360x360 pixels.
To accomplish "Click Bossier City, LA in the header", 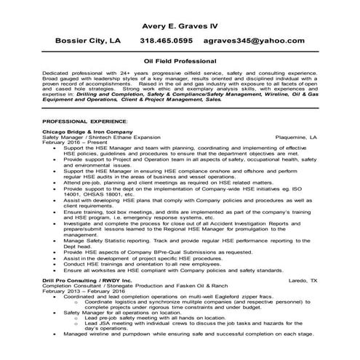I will pyautogui.click(x=84, y=41).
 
